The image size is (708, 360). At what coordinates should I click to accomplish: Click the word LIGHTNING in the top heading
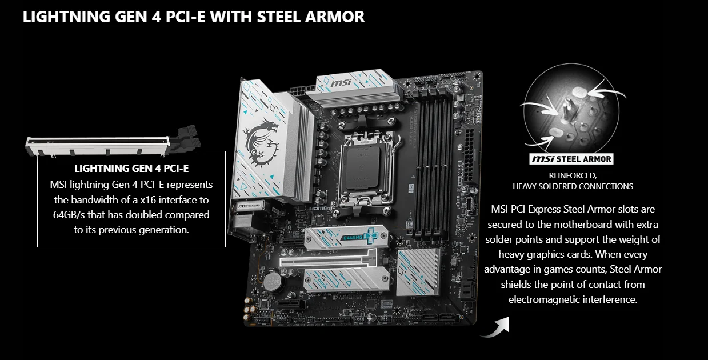(x=66, y=17)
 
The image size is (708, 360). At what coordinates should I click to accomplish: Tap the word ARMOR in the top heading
(x=335, y=17)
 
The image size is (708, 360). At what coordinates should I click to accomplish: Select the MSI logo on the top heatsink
(x=341, y=83)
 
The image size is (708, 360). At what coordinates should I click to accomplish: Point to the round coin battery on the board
(x=273, y=282)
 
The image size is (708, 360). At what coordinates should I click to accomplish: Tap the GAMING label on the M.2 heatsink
(x=353, y=237)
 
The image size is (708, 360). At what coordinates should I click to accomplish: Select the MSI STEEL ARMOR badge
(x=571, y=159)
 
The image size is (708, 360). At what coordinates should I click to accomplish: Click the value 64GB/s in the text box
(x=69, y=215)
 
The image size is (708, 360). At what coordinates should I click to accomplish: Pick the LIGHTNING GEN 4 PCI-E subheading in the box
(x=131, y=169)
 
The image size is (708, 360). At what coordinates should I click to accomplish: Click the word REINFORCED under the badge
(x=573, y=175)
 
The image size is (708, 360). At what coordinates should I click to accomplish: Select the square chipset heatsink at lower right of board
(x=418, y=272)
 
